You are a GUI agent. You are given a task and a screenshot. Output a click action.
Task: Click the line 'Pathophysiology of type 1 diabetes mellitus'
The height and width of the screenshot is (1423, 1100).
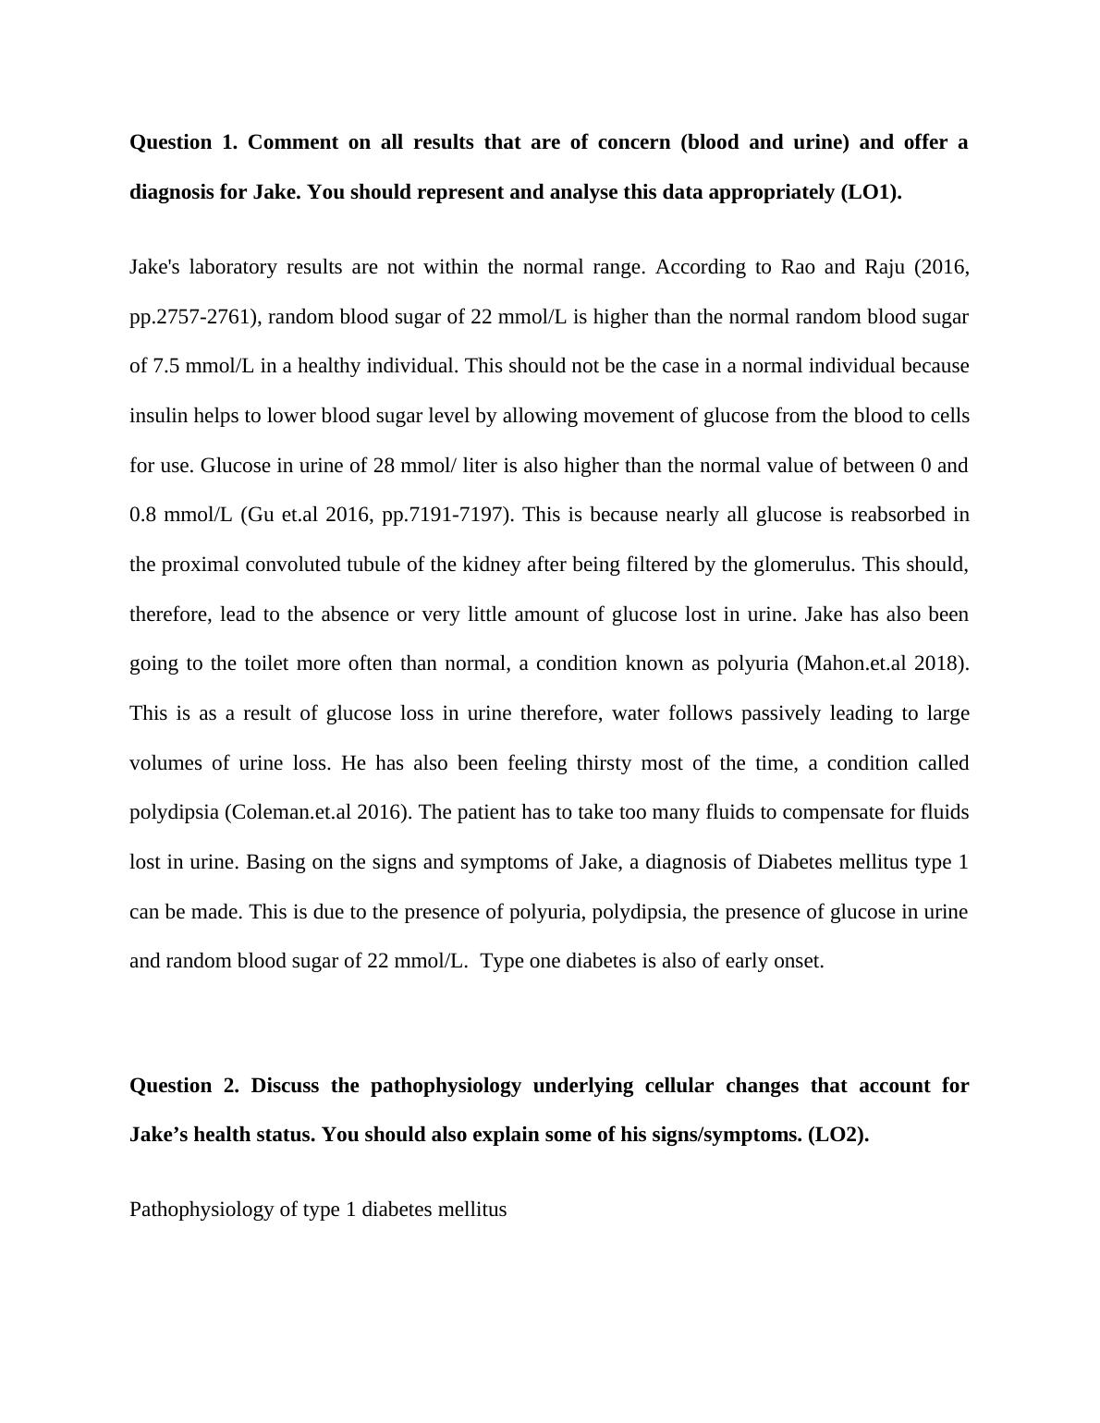point(318,1210)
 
